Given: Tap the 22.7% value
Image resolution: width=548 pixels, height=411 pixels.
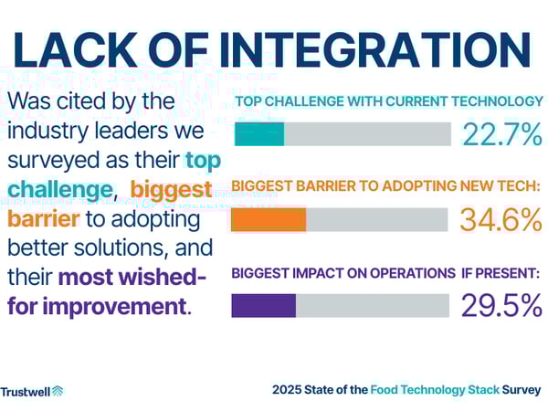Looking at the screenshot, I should click(x=501, y=134).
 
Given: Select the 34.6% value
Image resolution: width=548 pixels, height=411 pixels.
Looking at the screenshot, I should click(x=501, y=220).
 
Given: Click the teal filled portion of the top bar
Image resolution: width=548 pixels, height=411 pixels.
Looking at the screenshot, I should click(x=259, y=134).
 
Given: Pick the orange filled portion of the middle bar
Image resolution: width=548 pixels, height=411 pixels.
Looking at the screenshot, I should click(x=269, y=220).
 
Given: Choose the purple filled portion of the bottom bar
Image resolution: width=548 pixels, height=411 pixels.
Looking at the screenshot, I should click(x=264, y=305).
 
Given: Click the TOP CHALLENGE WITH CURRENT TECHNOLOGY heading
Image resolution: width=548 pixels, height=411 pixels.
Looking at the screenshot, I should click(x=389, y=101).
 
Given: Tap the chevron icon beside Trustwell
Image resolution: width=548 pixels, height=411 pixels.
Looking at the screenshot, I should click(x=58, y=391).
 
